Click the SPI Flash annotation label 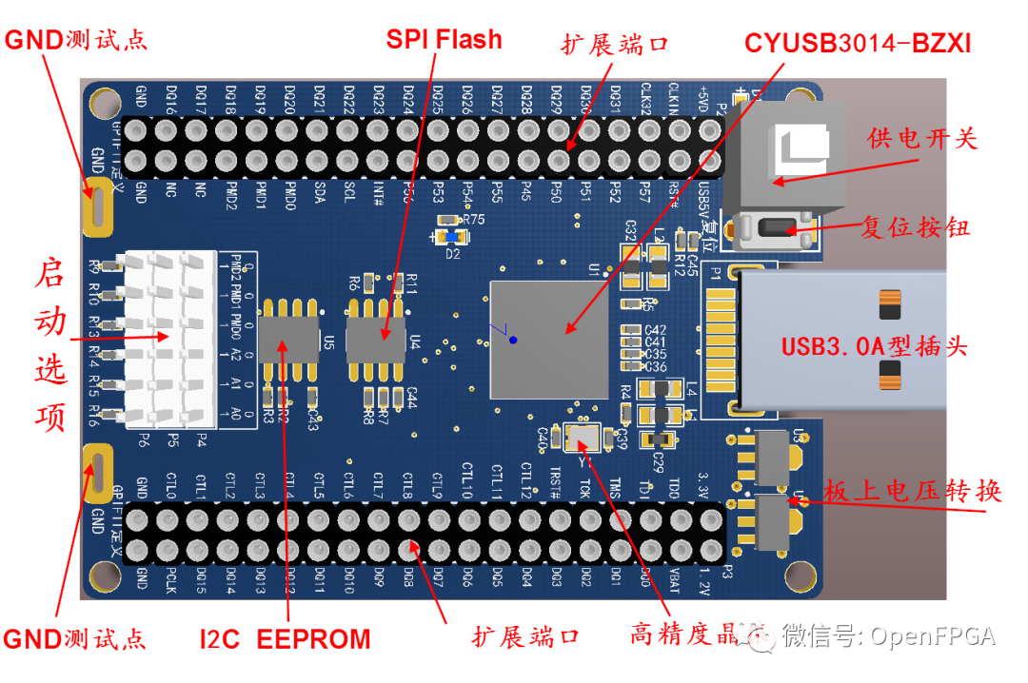coord(444,39)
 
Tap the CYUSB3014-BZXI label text coord(858,43)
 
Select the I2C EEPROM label coord(285,638)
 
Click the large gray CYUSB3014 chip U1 coord(548,340)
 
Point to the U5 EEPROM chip coord(288,340)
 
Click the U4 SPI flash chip coord(375,340)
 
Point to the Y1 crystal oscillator coord(582,438)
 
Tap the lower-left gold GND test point coord(98,473)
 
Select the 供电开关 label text coord(921,138)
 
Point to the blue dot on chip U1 coord(513,340)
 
